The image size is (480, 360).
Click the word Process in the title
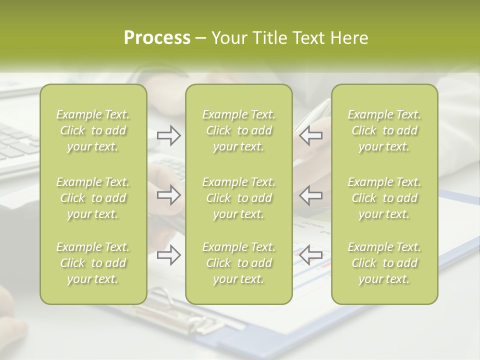[157, 38]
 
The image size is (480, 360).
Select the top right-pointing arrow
[169, 135]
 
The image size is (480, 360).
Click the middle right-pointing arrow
[169, 194]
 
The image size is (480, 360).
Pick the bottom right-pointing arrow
[169, 255]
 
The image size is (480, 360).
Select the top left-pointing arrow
[310, 135]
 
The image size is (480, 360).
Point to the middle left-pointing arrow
[310, 194]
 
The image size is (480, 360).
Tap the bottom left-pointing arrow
[310, 254]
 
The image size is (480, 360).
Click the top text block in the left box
[93, 130]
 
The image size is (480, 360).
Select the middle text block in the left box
[93, 198]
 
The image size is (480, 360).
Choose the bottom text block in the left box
[93, 263]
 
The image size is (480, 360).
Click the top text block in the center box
[238, 130]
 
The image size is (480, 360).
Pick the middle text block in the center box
[238, 198]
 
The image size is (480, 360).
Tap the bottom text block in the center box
[238, 263]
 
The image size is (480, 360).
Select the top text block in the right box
[384, 130]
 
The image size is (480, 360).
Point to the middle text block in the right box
[384, 198]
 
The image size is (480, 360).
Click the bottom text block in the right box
[384, 263]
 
